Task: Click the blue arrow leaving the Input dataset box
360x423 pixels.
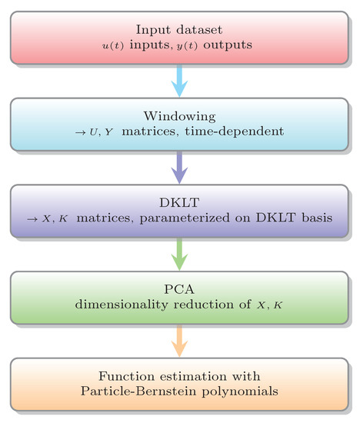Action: pyautogui.click(x=179, y=80)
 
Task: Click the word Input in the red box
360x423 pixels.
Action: pyautogui.click(x=152, y=30)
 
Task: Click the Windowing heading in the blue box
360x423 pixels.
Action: pyautogui.click(x=179, y=116)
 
